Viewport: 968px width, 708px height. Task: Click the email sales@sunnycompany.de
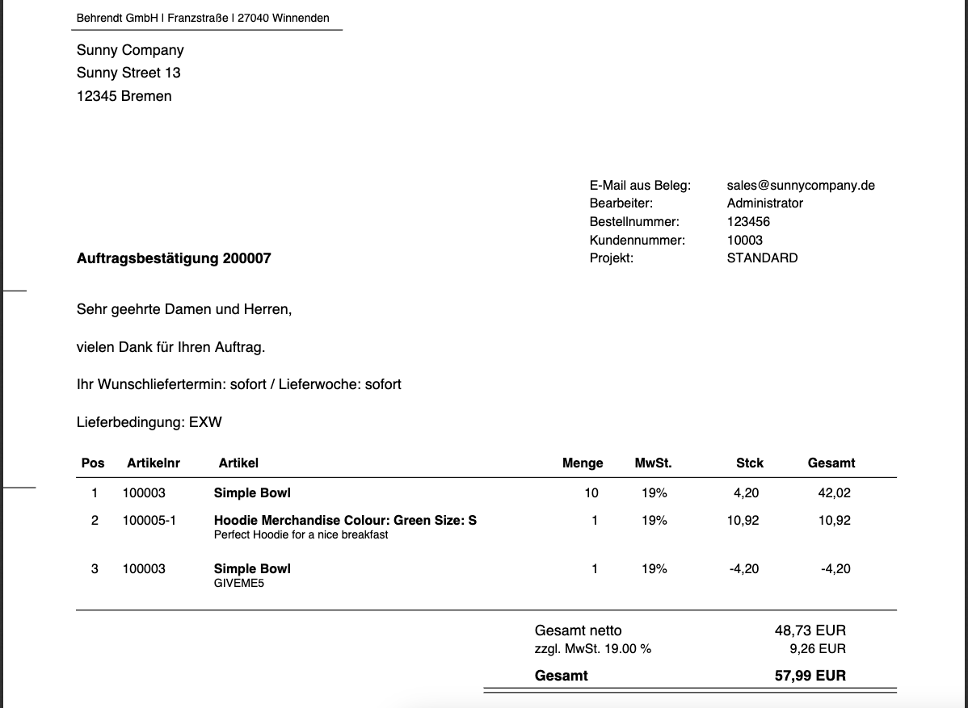point(800,185)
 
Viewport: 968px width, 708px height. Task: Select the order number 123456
point(748,221)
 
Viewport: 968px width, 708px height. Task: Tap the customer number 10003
point(744,240)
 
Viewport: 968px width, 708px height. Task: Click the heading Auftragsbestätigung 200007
point(174,258)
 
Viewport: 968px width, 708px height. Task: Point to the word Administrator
point(764,203)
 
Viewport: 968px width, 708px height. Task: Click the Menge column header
point(583,463)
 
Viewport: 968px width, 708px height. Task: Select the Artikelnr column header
point(154,463)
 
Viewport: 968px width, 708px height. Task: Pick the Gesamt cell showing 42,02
point(834,492)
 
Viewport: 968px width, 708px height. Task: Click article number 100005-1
point(149,520)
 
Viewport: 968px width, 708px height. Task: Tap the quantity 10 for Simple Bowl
point(591,492)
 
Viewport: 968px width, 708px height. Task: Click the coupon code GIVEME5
point(238,583)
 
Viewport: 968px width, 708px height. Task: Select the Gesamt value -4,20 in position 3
point(835,568)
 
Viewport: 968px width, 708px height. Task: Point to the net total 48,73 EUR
point(810,630)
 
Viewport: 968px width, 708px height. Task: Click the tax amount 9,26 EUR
point(817,648)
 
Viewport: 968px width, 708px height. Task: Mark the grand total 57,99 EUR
point(810,676)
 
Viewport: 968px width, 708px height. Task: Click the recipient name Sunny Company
point(130,50)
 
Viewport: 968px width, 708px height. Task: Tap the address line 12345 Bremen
point(124,96)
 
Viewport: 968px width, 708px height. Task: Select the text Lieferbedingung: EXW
point(149,421)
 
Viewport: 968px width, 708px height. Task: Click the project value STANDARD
point(762,258)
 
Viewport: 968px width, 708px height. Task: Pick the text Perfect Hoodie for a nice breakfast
point(301,534)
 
